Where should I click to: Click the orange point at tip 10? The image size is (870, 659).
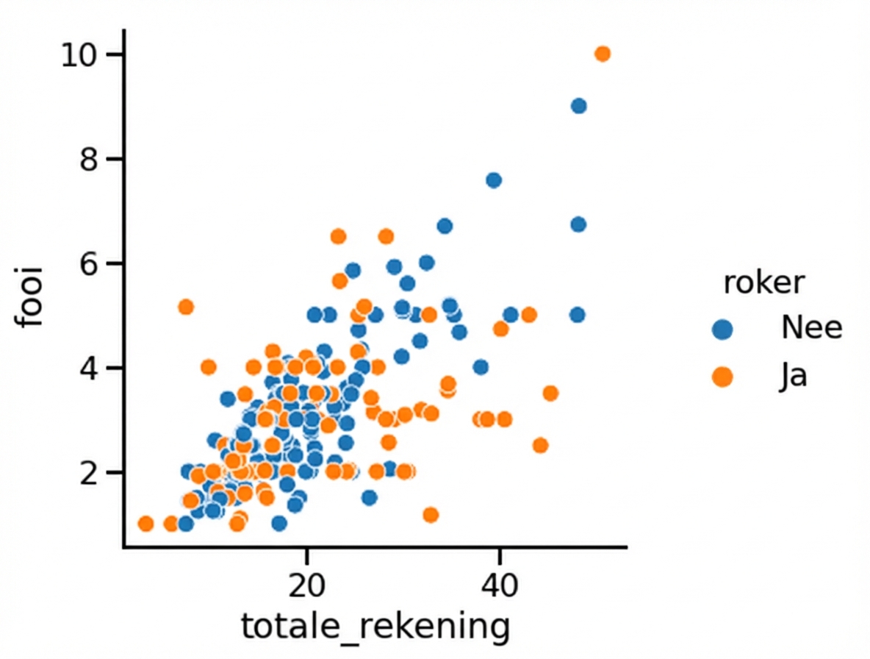pyautogui.click(x=603, y=54)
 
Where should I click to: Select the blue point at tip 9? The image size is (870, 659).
pyautogui.click(x=578, y=106)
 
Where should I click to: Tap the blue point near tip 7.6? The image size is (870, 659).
pyautogui.click(x=494, y=180)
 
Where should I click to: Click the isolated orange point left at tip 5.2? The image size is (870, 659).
pyautogui.click(x=186, y=307)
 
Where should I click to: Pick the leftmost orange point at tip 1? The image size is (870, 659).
pyautogui.click(x=145, y=524)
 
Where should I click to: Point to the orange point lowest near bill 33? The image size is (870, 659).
pyautogui.click(x=431, y=514)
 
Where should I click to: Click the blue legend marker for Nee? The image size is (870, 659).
pyautogui.click(x=722, y=328)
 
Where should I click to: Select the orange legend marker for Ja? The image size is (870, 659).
pyautogui.click(x=722, y=377)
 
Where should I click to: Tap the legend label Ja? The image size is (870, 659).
pyautogui.click(x=794, y=377)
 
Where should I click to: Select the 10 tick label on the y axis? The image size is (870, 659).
pyautogui.click(x=83, y=54)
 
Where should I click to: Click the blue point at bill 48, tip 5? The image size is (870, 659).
pyautogui.click(x=577, y=315)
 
